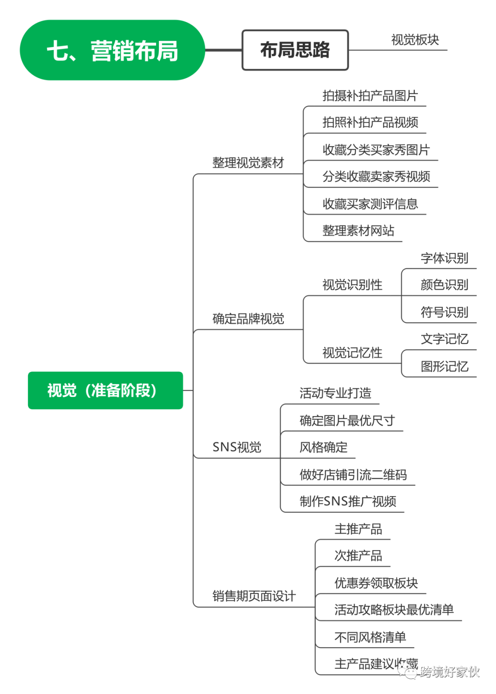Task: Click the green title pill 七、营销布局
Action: click(x=112, y=50)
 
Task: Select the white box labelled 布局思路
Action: click(x=295, y=50)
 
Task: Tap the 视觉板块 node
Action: click(x=415, y=39)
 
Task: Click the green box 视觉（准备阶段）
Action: click(x=105, y=390)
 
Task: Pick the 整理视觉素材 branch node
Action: click(x=248, y=163)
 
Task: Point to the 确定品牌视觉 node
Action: click(x=248, y=318)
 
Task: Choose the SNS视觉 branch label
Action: click(x=237, y=447)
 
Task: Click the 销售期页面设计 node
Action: click(x=254, y=596)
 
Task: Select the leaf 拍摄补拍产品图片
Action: click(x=370, y=95)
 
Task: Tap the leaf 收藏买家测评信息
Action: click(x=370, y=203)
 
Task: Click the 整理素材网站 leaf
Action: click(x=358, y=230)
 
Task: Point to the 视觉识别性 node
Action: click(x=352, y=284)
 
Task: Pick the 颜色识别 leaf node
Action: click(x=444, y=285)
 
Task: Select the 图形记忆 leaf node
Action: click(x=444, y=366)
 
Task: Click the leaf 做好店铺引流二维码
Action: click(x=353, y=474)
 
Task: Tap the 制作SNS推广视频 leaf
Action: click(x=348, y=501)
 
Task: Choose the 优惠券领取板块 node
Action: click(x=376, y=582)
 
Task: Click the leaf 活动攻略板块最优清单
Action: click(x=394, y=609)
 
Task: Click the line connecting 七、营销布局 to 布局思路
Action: click(x=223, y=50)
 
